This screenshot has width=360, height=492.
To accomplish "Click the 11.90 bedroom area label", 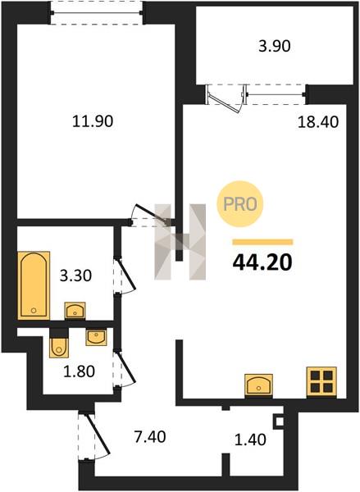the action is coord(93,121).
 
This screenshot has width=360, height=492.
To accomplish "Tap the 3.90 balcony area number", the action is coord(275,47).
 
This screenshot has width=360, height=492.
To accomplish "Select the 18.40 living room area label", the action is coord(318,121).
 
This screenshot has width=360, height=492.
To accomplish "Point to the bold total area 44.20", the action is coord(262,262).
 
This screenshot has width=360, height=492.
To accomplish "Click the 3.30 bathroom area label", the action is coord(75,276).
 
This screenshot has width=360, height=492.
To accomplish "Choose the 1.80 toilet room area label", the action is coord(79,371).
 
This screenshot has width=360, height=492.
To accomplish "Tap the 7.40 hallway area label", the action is coord(150,437).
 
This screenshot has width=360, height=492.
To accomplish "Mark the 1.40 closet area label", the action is coord(250,440).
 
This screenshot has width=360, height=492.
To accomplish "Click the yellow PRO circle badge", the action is coord(240,204).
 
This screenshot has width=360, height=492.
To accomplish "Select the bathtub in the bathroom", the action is coord(34,285).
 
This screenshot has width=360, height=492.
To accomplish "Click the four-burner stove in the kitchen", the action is coord(321,381).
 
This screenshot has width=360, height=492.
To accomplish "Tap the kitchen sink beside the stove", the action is coord(258,384).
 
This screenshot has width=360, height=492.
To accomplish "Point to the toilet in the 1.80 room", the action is coord(58,347).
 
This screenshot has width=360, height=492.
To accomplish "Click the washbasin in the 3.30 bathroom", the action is coord(75,310).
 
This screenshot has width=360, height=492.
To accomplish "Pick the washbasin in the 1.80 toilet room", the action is coord(97,337).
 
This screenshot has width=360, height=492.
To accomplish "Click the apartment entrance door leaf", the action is coord(98,434).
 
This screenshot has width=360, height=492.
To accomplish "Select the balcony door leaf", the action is coord(226,102).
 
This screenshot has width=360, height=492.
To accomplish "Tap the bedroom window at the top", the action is coord(97,13).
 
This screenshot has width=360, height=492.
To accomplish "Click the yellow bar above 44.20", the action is coord(262,242).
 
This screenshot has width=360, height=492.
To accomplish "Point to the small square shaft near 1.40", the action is coord(279,421).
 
